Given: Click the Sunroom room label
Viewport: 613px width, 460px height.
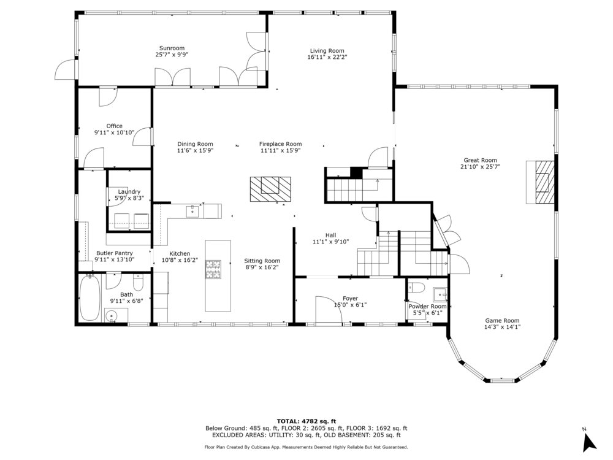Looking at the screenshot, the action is coord(172,48).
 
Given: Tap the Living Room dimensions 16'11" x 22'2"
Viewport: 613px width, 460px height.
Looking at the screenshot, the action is coord(327,56).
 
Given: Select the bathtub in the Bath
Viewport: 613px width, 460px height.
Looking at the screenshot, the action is coord(90,297).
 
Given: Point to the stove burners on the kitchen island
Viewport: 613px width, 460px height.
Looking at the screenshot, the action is coord(213,269).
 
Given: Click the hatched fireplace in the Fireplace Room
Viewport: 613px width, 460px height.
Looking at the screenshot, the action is coord(270,190).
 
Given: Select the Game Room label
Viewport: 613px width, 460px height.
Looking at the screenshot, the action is coord(503,320).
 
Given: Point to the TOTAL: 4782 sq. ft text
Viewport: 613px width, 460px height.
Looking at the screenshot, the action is coord(306,421).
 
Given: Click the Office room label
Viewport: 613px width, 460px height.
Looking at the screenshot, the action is coord(115,126).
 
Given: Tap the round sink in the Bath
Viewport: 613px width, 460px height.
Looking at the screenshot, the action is coord(112,315).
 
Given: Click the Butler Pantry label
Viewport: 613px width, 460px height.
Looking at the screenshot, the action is coord(115,253).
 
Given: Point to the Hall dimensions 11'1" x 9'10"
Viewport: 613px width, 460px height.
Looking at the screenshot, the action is coord(331,241).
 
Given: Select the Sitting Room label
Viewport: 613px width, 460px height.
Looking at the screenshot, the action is coord(262,261).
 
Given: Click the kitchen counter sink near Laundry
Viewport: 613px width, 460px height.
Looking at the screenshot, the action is coord(192,211).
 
